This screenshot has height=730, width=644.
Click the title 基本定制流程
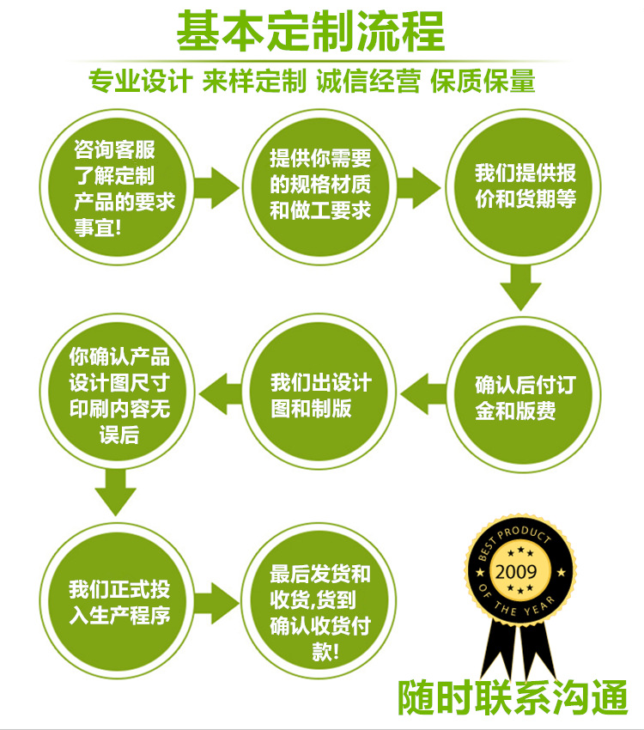311,32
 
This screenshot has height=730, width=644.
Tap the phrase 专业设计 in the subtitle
139,81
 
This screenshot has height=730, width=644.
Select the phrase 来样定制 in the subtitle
254,81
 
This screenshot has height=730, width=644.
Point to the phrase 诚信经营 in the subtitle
368,81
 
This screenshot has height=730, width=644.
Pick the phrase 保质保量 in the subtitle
483,81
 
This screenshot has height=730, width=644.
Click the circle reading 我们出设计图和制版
320,395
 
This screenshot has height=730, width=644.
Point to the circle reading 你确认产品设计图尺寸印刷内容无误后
119,395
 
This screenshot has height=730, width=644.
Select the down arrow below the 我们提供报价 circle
521,288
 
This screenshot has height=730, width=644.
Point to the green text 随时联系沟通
512,697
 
